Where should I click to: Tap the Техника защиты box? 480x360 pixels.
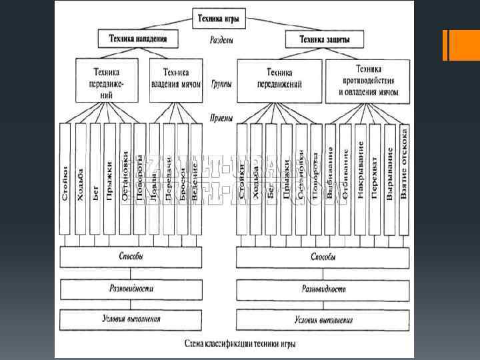click(x=318, y=40)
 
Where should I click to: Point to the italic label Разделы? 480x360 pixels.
click(x=221, y=41)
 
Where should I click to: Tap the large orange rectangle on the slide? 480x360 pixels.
click(x=465, y=45)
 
